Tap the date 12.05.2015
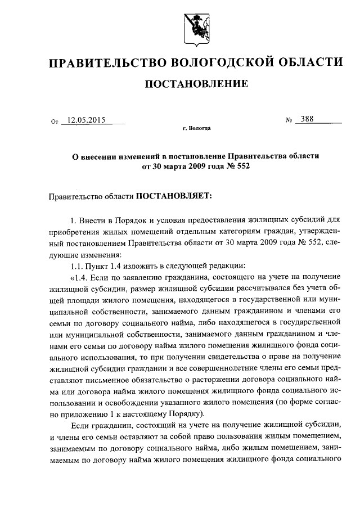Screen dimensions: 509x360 point(86,120)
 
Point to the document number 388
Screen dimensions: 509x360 point(307,119)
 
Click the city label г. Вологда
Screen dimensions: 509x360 point(196,129)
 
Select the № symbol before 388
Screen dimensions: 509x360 point(290,120)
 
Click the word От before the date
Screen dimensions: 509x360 point(55,121)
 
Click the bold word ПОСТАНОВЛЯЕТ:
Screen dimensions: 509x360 point(172,197)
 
